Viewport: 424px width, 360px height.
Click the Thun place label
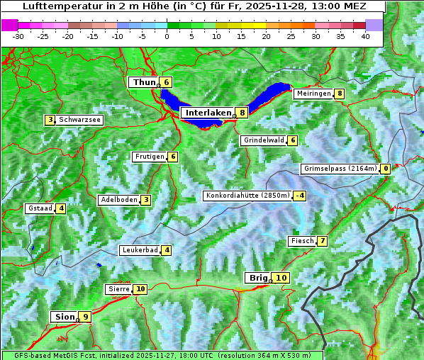(143, 82)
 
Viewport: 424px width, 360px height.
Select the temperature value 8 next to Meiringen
(340, 94)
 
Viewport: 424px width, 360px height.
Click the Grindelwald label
(263, 140)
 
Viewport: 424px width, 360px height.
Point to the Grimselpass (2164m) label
(340, 169)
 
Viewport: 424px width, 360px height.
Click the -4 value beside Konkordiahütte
(300, 196)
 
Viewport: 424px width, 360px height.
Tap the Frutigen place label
(149, 157)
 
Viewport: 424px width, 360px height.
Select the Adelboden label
(118, 200)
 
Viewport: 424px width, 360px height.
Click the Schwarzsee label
(79, 120)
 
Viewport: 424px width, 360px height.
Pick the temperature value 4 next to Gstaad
(61, 208)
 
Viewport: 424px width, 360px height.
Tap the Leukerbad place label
(139, 250)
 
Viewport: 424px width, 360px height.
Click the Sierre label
(118, 289)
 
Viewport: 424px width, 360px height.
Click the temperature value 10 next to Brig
(281, 278)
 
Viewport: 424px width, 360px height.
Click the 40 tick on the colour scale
(365, 36)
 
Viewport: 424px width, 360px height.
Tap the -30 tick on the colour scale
(18, 36)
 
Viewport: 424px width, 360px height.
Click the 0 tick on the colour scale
(167, 36)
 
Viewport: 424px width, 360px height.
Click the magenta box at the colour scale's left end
(10, 25)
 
